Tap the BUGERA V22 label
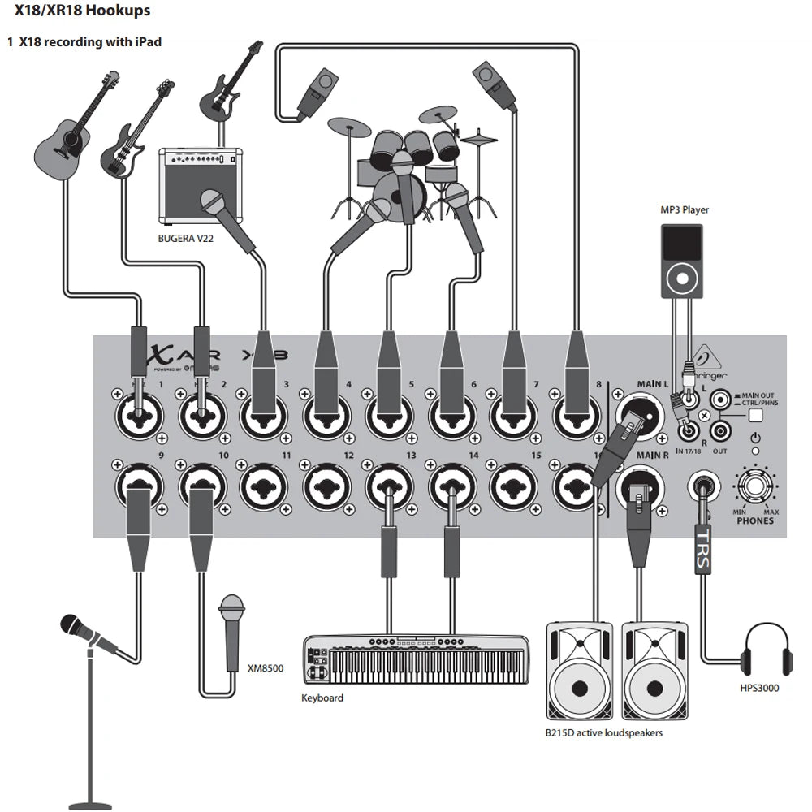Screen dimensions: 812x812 click(x=186, y=239)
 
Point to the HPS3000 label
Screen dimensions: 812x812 click(x=760, y=689)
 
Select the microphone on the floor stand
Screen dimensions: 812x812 click(x=81, y=629)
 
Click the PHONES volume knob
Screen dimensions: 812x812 click(x=755, y=487)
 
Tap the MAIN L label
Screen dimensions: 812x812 click(x=652, y=383)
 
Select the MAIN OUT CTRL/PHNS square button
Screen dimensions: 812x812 click(x=757, y=415)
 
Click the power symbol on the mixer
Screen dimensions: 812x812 click(x=755, y=437)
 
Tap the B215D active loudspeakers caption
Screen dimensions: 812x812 click(x=604, y=732)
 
